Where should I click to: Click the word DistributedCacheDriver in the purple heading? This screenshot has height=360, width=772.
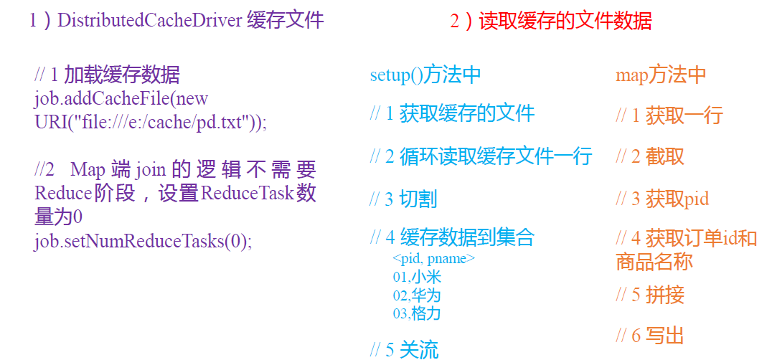(149, 20)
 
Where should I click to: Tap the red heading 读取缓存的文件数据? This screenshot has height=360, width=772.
(565, 21)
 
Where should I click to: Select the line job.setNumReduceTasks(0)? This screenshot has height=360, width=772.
(143, 241)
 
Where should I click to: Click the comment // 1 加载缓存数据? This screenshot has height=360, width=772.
(107, 75)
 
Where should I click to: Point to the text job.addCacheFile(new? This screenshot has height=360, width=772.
(121, 98)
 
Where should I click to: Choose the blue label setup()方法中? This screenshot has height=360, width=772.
(425, 75)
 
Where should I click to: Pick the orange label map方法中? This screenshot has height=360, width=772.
(661, 75)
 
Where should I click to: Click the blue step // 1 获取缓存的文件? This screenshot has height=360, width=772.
(452, 113)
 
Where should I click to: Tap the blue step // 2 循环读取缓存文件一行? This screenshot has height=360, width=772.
(481, 155)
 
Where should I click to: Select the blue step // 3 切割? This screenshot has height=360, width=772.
(403, 199)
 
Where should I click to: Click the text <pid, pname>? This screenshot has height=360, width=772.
(433, 259)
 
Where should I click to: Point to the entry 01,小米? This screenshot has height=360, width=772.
(417, 277)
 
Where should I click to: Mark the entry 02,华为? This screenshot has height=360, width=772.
(417, 295)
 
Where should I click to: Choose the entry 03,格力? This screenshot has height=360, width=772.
(417, 313)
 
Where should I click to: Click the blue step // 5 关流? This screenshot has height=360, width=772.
(404, 349)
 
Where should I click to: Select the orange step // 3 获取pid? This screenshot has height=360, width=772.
(662, 199)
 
